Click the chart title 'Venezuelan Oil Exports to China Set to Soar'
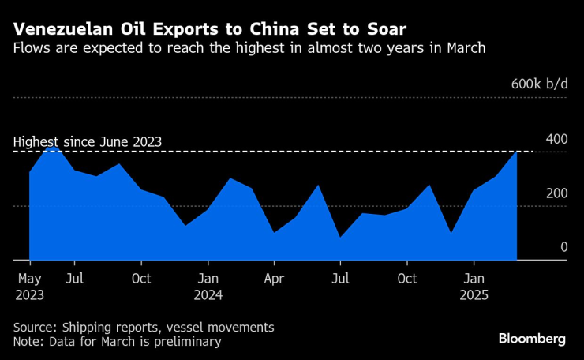210,30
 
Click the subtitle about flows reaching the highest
249,49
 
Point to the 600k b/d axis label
539,84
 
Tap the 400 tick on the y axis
557,140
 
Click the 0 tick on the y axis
563,248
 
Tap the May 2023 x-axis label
30,287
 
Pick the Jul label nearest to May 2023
74,279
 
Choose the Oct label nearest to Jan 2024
141,279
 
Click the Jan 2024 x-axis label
208,287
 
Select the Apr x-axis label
274,279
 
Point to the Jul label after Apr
340,279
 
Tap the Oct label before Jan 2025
407,279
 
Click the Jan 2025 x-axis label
474,287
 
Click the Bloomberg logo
532,338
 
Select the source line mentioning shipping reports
144,327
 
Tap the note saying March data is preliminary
117,342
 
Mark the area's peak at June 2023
52,146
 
